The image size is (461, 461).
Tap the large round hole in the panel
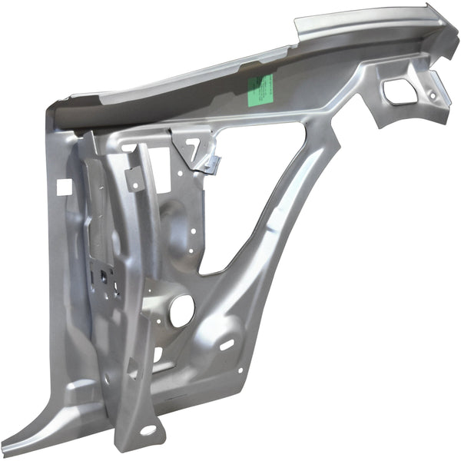182,311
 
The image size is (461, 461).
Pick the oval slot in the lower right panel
227,344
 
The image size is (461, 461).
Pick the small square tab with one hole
134,178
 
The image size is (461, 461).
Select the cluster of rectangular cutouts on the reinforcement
103,280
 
